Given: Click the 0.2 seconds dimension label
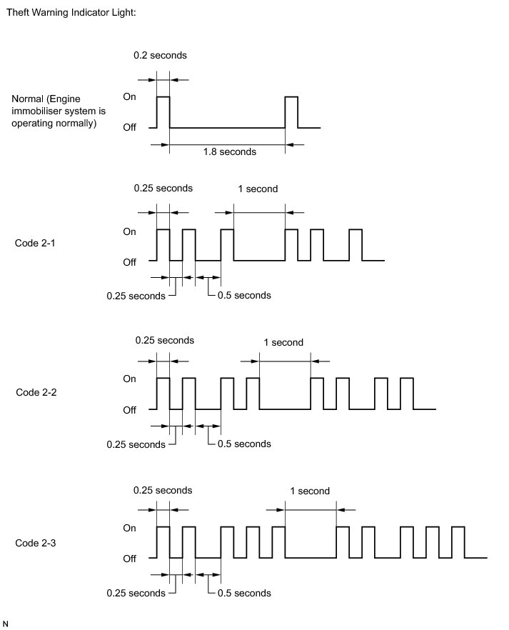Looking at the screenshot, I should pyautogui.click(x=161, y=55).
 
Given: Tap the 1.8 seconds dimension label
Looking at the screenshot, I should pyautogui.click(x=229, y=151).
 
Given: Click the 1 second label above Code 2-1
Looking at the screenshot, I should pyautogui.click(x=257, y=189).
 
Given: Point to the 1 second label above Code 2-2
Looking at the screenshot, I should pyautogui.click(x=283, y=342).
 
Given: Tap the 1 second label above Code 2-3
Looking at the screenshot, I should pyautogui.click(x=310, y=491).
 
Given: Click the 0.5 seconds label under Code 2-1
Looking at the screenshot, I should pyautogui.click(x=243, y=295).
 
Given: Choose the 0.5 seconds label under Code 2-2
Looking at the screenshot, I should pyautogui.click(x=243, y=444).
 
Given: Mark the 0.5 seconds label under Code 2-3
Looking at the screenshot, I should pyautogui.click(x=243, y=593).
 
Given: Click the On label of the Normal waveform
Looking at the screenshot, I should pyautogui.click(x=130, y=96).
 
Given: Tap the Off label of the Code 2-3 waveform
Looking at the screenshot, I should pyautogui.click(x=129, y=558).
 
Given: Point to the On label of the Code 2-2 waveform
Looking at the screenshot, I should pyautogui.click(x=130, y=379).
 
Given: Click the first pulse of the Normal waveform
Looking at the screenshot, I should pyautogui.click(x=163, y=111).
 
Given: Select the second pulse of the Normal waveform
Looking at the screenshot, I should pyautogui.click(x=291, y=111).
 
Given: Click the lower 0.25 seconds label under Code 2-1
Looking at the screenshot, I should pyautogui.click(x=136, y=295).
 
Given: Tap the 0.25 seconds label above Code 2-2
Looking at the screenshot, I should pyautogui.click(x=164, y=340).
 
